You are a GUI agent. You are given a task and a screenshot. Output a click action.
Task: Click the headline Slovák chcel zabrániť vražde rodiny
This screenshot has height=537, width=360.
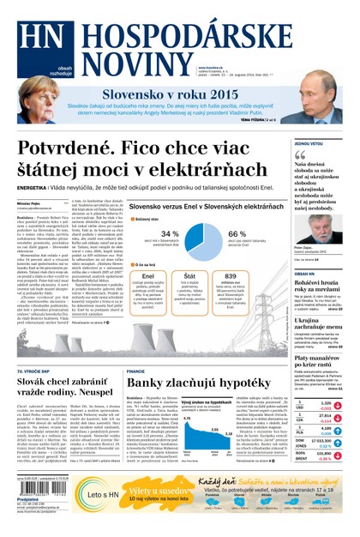(x=63, y=365)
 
